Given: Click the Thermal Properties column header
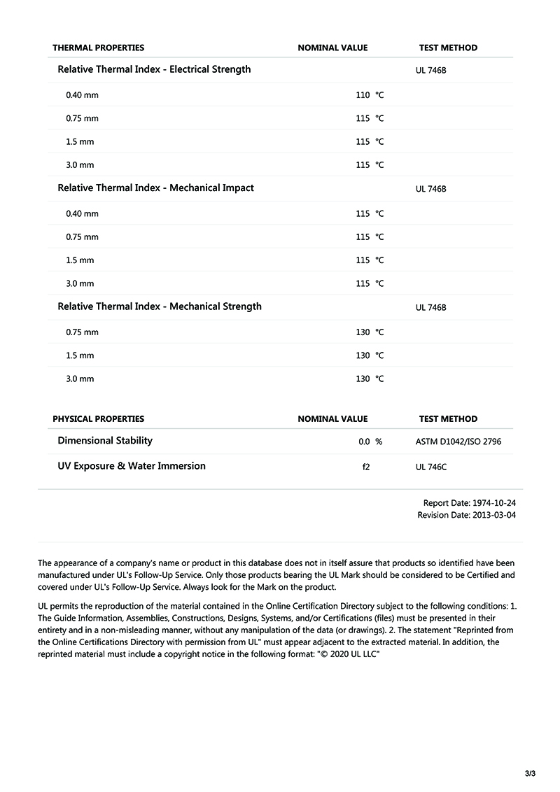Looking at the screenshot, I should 98,48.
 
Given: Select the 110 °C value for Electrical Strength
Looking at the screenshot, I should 370,94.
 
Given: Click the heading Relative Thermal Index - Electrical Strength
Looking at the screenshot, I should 154,69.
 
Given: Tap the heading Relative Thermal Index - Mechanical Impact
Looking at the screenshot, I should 155,188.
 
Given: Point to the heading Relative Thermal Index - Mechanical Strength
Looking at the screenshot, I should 160,306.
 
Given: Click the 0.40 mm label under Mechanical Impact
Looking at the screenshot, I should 82,213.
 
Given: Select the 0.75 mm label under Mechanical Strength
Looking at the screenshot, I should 82,332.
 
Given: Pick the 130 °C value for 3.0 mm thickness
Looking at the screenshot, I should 370,379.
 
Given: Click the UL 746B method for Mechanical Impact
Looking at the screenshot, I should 430,189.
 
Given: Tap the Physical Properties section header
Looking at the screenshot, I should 98,418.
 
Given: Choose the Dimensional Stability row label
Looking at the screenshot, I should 105,440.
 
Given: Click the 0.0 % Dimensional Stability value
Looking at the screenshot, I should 370,441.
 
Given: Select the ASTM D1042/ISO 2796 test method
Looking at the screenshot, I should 458,441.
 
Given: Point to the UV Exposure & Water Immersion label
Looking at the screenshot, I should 132,465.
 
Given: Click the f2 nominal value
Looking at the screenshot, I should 365,467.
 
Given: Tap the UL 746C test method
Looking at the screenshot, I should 430,467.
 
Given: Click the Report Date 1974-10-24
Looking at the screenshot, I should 470,503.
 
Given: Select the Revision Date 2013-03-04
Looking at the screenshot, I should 467,515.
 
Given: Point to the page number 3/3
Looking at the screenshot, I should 529,773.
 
